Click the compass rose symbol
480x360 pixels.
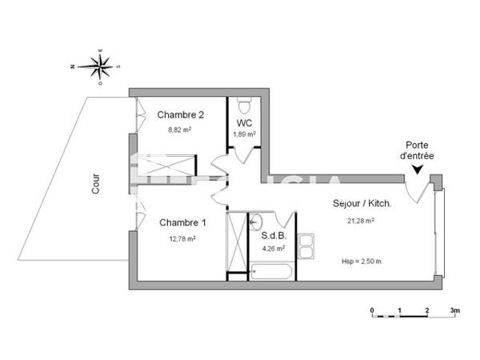coord(100,66)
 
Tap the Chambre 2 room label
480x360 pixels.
coord(180,114)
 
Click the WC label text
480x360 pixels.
coord(244,123)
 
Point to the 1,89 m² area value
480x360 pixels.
coord(244,134)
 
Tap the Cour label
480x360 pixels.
coord(97,186)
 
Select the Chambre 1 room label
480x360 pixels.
coord(182,222)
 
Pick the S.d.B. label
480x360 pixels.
coord(274,236)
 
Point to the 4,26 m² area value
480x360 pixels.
coord(275,248)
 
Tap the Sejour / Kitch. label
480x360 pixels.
coord(362,204)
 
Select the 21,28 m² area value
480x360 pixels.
coord(361,221)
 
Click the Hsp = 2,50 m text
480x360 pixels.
coord(361,261)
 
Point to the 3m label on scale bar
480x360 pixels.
coord(454,310)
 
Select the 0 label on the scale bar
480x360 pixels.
coord(372,310)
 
